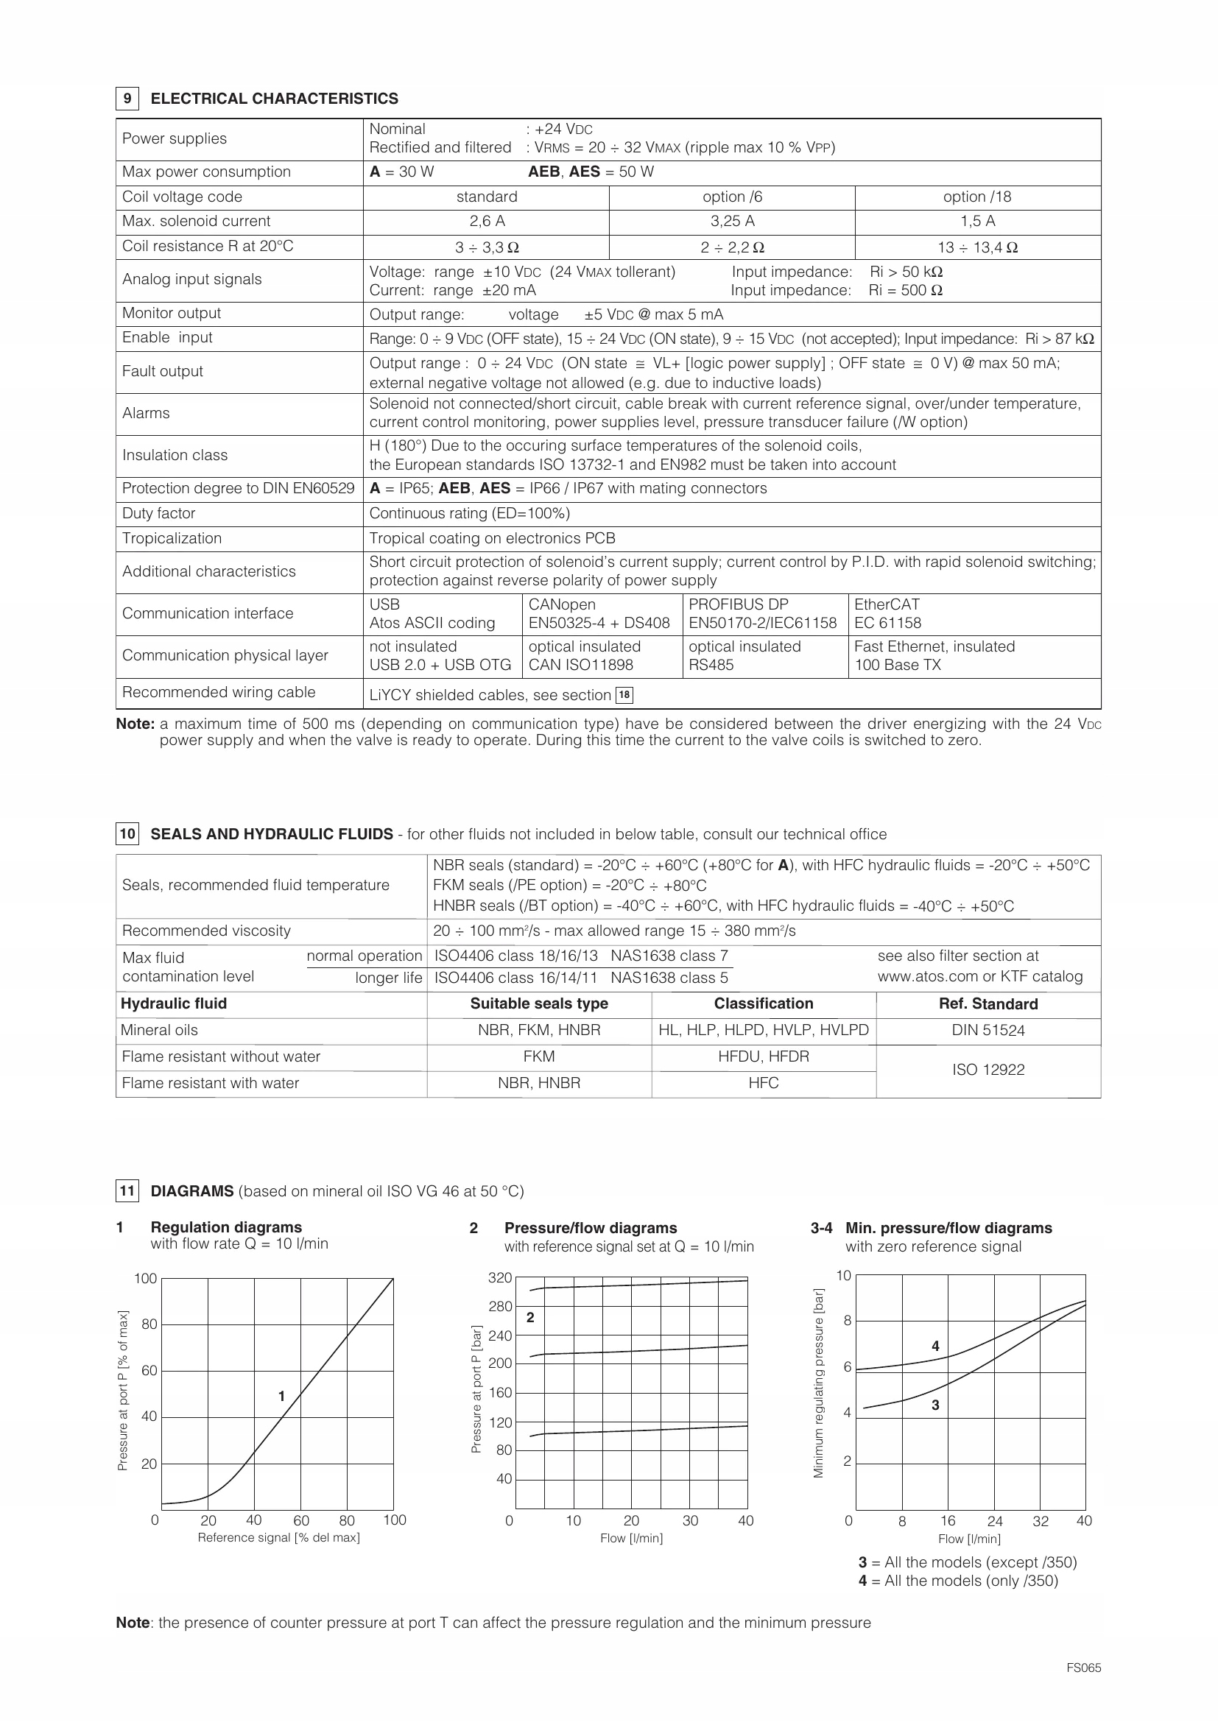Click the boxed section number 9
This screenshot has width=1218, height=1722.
point(127,99)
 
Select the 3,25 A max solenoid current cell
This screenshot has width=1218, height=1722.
point(732,222)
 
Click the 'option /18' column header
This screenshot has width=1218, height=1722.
point(977,197)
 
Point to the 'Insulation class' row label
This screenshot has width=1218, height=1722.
point(175,455)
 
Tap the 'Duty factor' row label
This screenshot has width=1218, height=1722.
point(158,514)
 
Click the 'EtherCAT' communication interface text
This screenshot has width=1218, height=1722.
point(887,604)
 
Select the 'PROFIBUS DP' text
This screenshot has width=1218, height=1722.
point(738,604)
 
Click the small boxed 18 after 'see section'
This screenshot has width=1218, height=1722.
point(624,695)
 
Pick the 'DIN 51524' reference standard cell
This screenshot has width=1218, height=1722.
point(988,1031)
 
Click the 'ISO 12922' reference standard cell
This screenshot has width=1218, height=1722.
point(988,1070)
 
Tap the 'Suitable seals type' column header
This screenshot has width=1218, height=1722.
point(538,1004)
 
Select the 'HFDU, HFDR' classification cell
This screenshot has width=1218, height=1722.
point(764,1056)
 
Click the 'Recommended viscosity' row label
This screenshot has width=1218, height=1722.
point(206,931)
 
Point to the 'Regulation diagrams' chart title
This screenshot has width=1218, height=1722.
point(226,1228)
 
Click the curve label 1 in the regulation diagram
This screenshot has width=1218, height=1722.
point(281,1397)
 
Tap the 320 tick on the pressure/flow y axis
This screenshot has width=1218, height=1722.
point(500,1278)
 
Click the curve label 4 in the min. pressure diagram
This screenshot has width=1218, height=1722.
point(935,1347)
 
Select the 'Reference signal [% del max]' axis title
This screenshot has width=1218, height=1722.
point(278,1537)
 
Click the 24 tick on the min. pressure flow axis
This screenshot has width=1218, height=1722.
point(994,1521)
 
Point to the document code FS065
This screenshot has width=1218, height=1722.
point(1084,1668)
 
